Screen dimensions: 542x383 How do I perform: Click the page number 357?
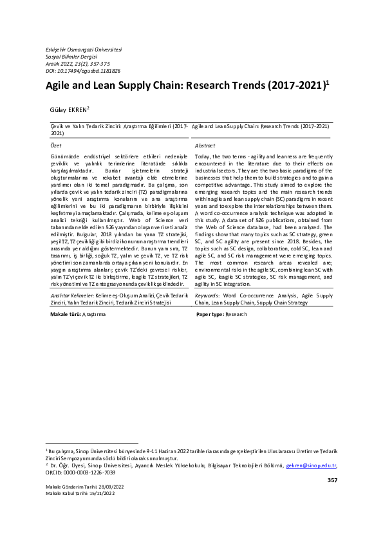332,480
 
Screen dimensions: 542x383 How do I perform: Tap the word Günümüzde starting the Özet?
66,157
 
